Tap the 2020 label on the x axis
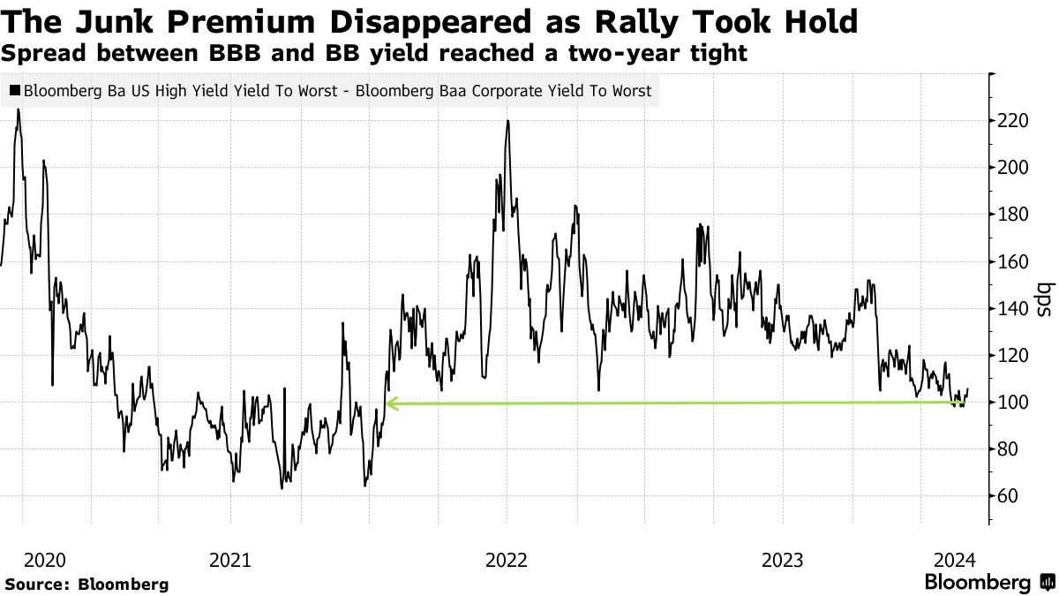[x=45, y=560]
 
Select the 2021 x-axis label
[x=229, y=560]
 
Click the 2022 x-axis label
[x=507, y=560]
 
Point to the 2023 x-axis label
[x=783, y=560]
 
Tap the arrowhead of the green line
[x=391, y=404]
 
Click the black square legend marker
[x=15, y=90]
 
